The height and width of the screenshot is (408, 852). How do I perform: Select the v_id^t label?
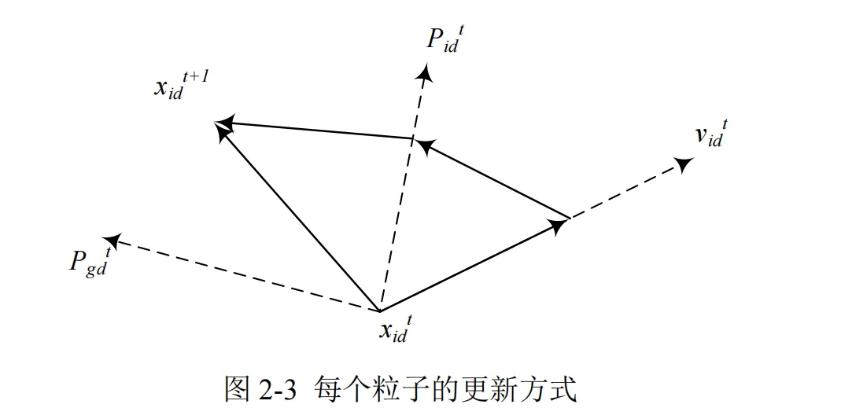coord(710,134)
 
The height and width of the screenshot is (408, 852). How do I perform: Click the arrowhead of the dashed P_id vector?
coord(426,74)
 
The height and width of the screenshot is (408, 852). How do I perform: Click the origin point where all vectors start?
coord(379,311)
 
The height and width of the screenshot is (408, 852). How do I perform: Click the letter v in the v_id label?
coord(699,135)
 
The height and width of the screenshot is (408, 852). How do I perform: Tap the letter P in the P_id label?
coord(435,40)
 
